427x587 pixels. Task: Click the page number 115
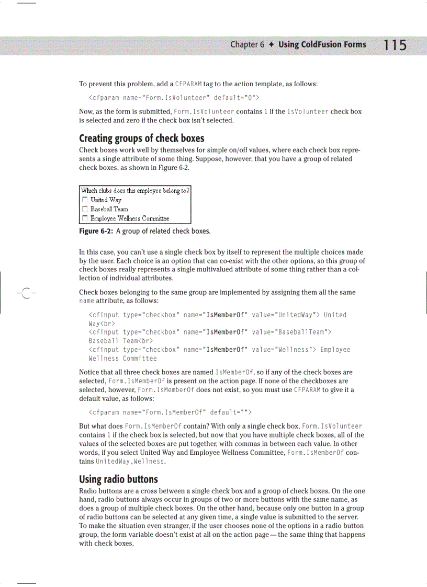coord(395,45)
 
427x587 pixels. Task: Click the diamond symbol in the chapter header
coord(271,45)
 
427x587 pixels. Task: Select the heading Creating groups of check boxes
coord(141,139)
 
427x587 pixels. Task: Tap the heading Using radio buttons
coord(118,479)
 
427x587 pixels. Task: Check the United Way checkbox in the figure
coord(85,200)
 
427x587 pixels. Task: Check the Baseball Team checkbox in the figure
coord(85,209)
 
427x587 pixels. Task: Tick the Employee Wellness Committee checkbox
coord(85,218)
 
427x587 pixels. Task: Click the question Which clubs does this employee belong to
coord(135,191)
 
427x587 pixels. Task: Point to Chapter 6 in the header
coord(244,45)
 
